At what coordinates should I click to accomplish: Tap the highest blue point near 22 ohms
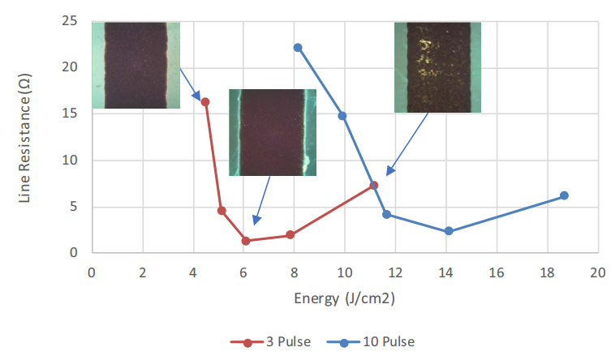coord(298,47)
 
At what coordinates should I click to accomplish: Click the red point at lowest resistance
coord(245,241)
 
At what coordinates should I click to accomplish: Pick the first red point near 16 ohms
coord(205,101)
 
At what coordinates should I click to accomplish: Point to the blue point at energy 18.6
coord(564,195)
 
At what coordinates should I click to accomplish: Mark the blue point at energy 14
coord(448,231)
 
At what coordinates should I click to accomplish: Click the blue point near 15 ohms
coord(342,115)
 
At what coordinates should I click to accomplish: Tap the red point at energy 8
coord(290,235)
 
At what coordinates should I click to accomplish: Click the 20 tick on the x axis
coord(598,272)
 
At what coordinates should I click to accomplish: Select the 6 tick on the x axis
coord(243,272)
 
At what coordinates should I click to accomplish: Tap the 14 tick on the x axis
coord(446,272)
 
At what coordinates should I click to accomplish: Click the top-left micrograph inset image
coord(136,65)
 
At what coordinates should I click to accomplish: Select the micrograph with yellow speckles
coord(437,67)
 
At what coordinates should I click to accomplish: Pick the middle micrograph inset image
coord(272,132)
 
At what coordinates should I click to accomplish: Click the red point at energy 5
coord(222,210)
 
